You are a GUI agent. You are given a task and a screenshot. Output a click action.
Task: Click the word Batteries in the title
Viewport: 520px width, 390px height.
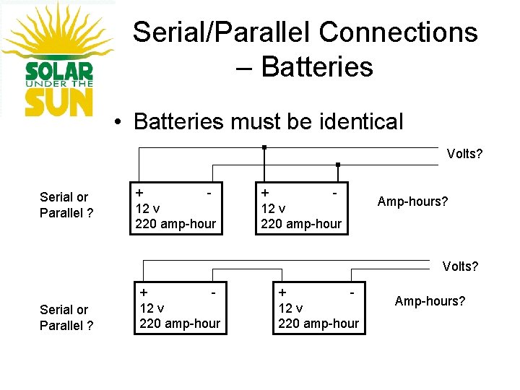317,66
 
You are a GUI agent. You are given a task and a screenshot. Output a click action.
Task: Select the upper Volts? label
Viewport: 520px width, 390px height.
464,154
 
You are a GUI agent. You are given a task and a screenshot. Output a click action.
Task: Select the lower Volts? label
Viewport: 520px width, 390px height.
460,266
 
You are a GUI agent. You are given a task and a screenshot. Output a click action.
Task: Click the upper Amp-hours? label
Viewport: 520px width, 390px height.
413,201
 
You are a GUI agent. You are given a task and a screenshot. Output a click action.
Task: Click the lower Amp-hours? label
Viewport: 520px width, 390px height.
430,300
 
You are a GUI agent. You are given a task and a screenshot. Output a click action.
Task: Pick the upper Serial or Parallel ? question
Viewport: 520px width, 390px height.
66,205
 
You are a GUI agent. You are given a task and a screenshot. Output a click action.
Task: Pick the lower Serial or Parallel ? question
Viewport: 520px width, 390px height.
66,317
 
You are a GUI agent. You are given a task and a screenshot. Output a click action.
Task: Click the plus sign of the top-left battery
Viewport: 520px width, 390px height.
139,194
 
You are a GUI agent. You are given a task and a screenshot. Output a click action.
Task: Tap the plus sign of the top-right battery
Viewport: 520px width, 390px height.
265,194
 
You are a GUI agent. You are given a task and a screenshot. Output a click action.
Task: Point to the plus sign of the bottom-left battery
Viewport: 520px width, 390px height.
144,293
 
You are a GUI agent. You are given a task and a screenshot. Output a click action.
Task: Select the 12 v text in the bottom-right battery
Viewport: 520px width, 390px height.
292,308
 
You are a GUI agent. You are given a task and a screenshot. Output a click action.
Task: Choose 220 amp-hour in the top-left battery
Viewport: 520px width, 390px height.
175,224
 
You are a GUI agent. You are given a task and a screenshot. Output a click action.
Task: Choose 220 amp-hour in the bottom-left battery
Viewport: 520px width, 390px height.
180,324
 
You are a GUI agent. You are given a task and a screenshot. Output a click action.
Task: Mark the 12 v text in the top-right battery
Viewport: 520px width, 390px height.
273,209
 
